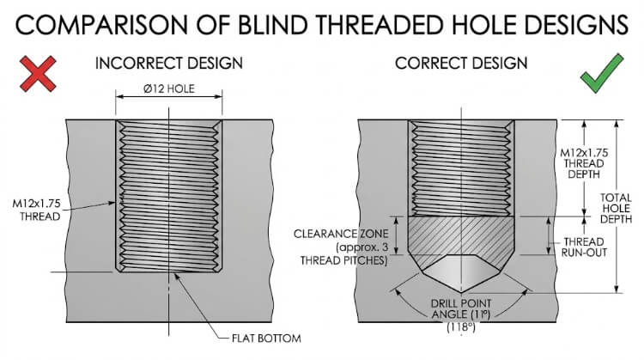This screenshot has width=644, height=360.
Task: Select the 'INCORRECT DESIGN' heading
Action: (x=169, y=64)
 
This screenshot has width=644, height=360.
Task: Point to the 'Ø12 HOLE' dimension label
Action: (x=169, y=89)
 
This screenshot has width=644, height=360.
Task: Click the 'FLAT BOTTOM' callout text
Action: (x=265, y=338)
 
